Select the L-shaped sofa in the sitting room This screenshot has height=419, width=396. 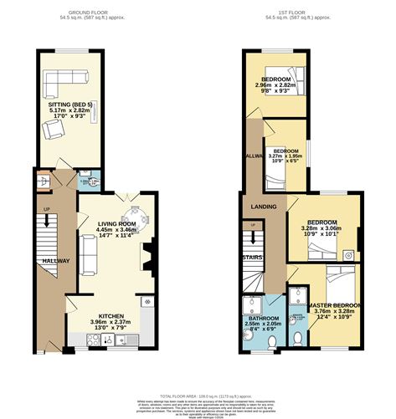63,80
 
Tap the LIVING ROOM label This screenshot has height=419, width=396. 116,223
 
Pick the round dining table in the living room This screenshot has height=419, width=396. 138,220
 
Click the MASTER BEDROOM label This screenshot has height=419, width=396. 333,306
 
